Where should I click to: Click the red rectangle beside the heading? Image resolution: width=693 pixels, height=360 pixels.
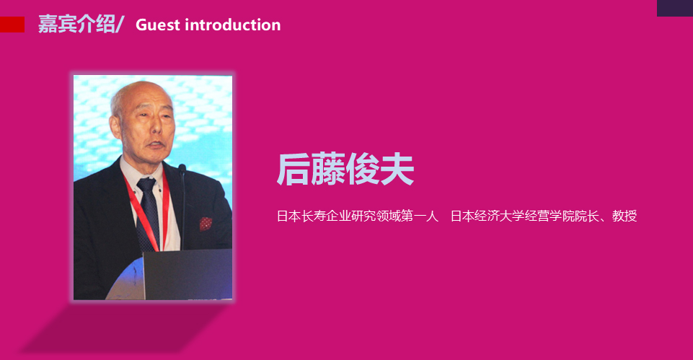click(12, 25)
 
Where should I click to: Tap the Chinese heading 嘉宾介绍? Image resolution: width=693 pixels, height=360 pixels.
click(76, 24)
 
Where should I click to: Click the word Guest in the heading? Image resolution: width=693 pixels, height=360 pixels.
click(158, 25)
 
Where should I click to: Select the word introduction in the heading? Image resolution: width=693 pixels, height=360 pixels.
click(232, 25)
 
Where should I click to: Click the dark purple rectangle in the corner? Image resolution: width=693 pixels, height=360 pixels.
click(675, 8)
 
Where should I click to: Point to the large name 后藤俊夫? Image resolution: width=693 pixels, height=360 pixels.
click(345, 169)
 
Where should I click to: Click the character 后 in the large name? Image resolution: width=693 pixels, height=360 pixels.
click(293, 169)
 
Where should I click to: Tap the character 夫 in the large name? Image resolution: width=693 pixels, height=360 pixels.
click(397, 169)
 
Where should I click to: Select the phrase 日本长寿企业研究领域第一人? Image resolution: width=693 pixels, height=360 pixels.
click(358, 216)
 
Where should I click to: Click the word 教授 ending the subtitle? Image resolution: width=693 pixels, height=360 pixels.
click(624, 216)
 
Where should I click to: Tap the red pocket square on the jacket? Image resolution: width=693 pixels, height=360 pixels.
click(206, 224)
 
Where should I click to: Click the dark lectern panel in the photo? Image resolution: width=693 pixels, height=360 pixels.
click(187, 274)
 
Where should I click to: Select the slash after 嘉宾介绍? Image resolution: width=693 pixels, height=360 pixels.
click(119, 25)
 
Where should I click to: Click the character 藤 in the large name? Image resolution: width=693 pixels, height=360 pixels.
click(327, 169)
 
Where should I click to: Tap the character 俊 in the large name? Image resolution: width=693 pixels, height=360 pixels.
click(363, 169)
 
